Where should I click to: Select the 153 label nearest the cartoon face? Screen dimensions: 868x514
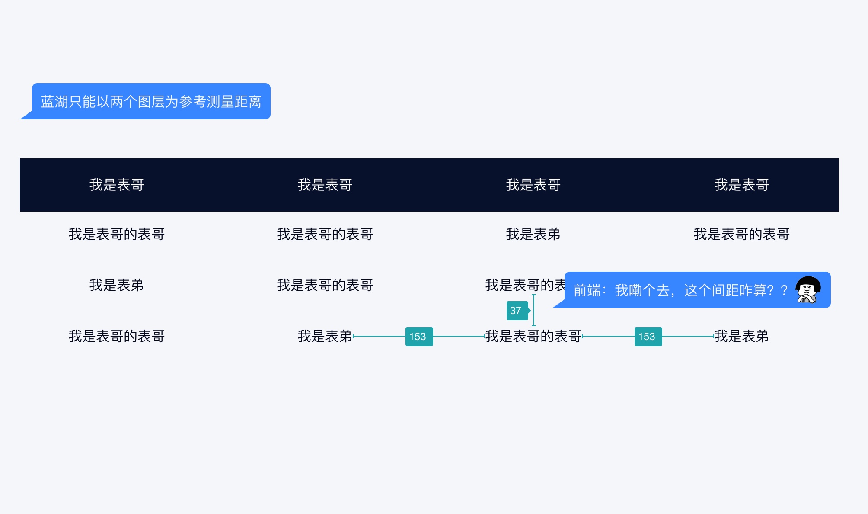[648, 337]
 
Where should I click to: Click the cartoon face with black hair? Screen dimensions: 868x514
[808, 289]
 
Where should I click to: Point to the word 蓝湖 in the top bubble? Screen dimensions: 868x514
[54, 102]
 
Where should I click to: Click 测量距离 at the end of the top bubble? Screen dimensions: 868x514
[234, 102]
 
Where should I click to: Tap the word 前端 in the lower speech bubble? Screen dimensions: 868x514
[587, 290]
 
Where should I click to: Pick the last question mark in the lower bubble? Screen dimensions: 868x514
[784, 290]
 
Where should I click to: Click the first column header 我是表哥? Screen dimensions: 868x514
[117, 185]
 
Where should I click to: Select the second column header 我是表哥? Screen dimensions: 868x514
[325, 185]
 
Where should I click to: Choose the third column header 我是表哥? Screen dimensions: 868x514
[533, 185]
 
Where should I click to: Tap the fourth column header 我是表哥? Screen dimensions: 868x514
[742, 185]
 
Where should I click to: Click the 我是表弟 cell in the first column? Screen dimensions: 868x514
[117, 285]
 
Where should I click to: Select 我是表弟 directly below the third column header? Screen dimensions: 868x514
[533, 234]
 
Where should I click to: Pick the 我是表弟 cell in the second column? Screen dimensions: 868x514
[325, 336]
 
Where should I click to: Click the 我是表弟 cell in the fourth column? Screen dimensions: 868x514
[742, 336]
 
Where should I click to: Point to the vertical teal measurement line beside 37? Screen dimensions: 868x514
[534, 310]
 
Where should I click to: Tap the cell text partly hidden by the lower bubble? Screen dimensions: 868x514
[525, 285]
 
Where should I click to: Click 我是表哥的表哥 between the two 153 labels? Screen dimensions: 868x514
[533, 336]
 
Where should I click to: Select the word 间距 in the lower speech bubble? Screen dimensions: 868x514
[725, 290]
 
